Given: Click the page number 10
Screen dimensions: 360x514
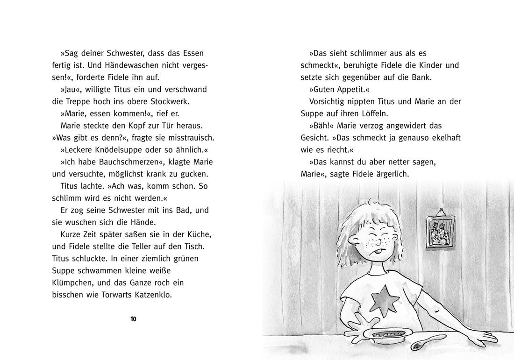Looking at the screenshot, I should (133, 319).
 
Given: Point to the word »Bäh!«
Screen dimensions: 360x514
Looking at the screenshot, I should (321, 126).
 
